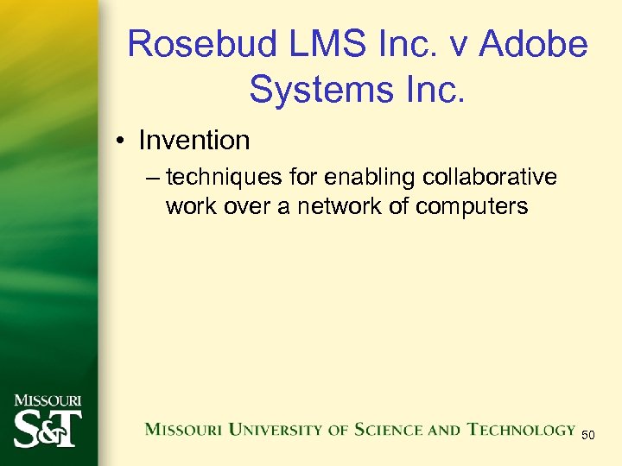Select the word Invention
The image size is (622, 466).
click(194, 140)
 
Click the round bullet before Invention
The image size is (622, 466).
click(120, 141)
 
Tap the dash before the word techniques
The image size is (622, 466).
click(153, 178)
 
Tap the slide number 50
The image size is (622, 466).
click(588, 435)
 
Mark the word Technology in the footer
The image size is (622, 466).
click(521, 429)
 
